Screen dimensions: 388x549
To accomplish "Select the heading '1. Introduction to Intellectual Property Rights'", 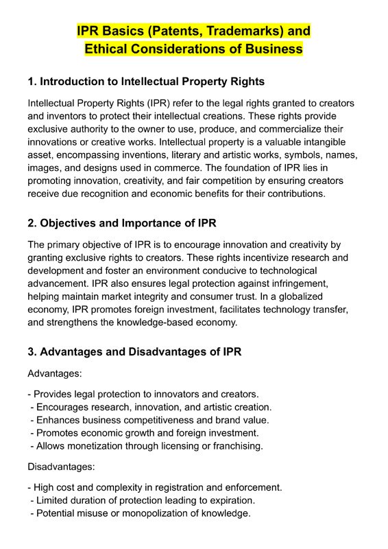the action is pos(146,82).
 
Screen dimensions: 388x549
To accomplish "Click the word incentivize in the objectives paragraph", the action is pos(233,257).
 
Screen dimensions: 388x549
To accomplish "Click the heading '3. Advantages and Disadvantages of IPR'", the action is pos(134,352).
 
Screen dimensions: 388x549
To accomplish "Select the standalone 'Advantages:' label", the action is pos(55,374).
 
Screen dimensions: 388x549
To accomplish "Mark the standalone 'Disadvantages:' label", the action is pos(61,467).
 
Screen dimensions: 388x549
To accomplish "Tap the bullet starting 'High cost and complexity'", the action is pos(155,487).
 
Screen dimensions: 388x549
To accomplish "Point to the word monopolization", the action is pos(147,513).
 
